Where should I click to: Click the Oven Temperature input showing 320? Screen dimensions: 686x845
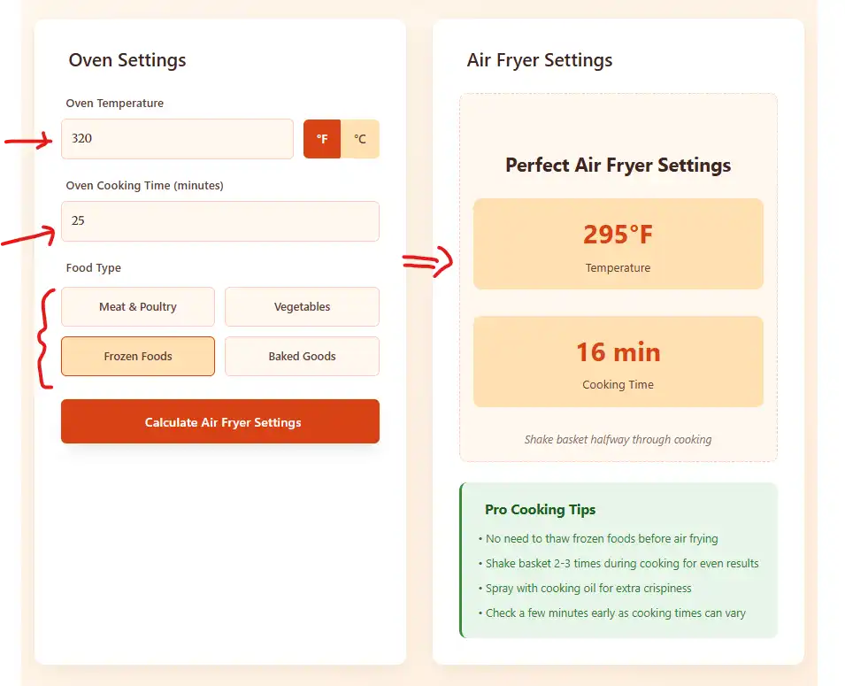click(x=177, y=139)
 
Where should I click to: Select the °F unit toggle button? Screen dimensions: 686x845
click(x=322, y=139)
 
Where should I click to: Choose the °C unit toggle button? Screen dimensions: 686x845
click(x=360, y=139)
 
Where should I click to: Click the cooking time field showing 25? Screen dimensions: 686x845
click(x=219, y=221)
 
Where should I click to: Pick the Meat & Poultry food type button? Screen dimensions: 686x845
click(x=138, y=306)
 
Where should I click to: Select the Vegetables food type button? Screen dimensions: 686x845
click(x=302, y=306)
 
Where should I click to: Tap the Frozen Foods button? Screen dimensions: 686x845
click(x=138, y=356)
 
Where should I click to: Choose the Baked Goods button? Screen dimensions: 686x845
click(x=302, y=356)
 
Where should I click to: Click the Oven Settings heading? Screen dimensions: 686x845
click(x=127, y=60)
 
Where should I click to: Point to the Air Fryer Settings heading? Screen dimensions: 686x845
click(x=540, y=60)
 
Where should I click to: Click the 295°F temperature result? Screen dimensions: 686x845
click(x=618, y=235)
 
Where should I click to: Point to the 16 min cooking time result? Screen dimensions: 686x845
click(x=618, y=352)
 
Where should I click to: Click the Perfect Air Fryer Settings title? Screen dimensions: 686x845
click(x=618, y=165)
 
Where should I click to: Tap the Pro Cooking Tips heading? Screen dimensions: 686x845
click(x=540, y=509)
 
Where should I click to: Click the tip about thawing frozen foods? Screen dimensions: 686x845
click(x=601, y=538)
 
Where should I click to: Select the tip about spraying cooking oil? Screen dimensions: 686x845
click(x=588, y=588)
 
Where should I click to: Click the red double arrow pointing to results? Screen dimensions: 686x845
click(x=427, y=261)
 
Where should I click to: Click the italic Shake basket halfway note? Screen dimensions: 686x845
click(x=618, y=439)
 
